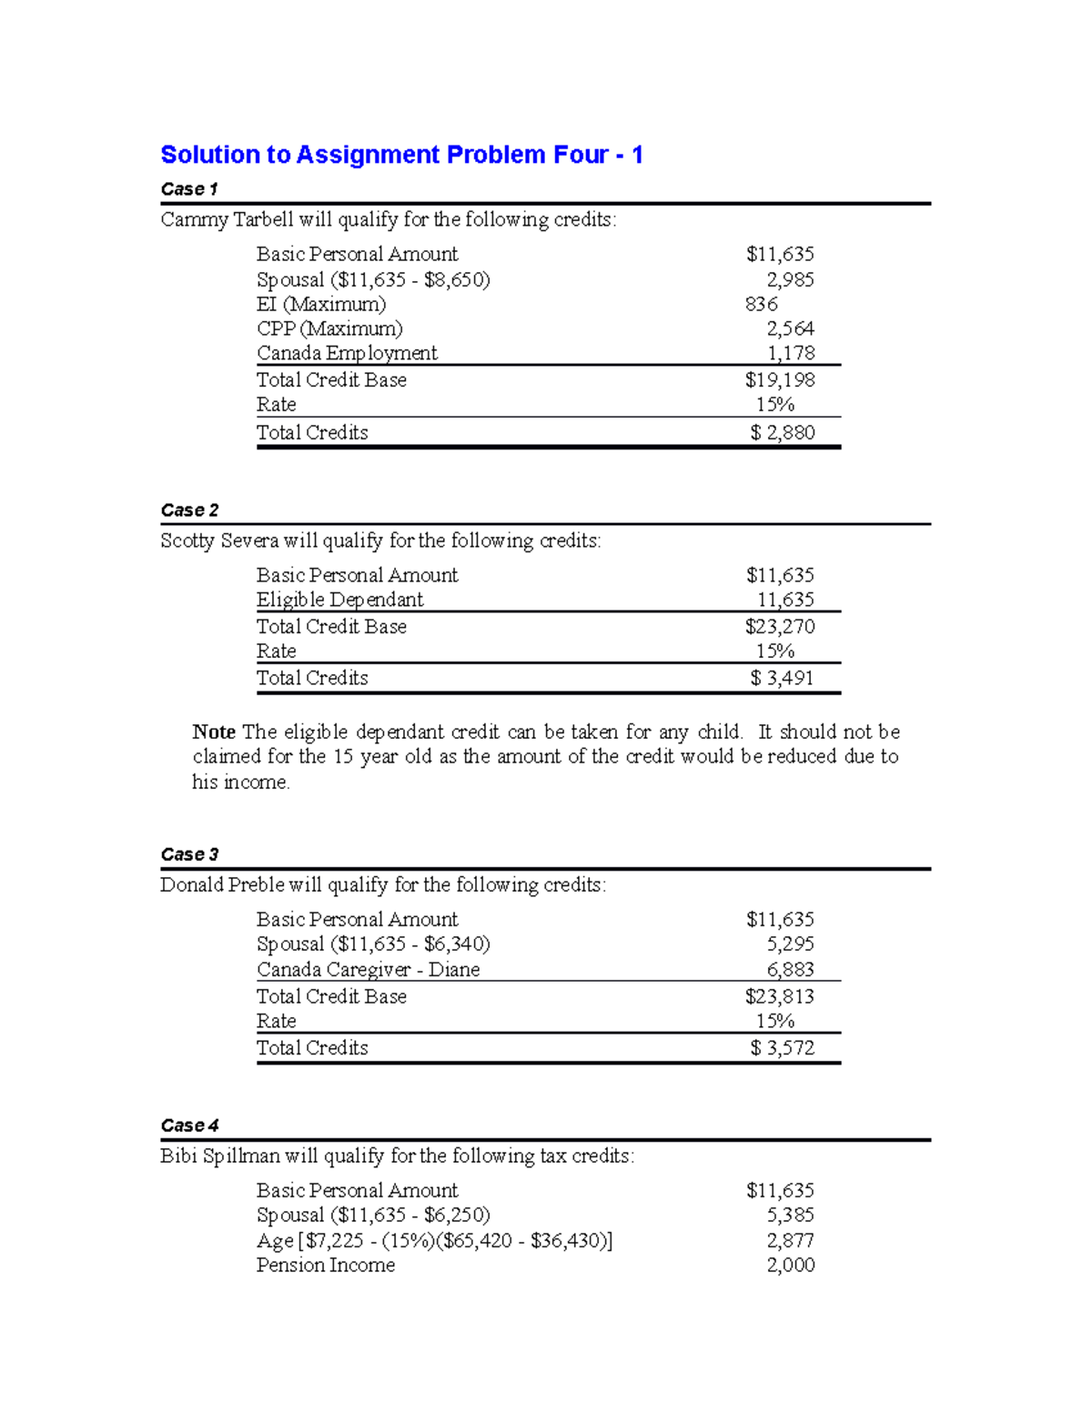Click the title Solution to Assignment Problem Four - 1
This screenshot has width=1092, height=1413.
tap(401, 155)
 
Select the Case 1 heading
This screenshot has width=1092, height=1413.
tap(189, 189)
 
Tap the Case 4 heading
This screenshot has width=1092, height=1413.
tap(189, 1125)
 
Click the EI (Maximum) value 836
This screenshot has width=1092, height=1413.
tap(761, 304)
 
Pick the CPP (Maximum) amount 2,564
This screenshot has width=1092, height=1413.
tap(790, 328)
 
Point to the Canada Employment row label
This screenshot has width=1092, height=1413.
tap(347, 353)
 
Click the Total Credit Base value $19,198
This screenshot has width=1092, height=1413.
tap(780, 379)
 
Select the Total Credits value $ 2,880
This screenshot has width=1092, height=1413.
tap(783, 432)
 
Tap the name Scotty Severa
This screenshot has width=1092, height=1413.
tap(219, 540)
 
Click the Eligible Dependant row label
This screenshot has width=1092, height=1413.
tap(339, 600)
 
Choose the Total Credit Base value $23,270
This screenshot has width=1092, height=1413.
tap(780, 626)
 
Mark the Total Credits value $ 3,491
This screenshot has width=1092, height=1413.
tap(783, 678)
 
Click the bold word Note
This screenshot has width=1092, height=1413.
tap(214, 732)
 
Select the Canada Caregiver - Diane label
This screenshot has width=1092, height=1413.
tap(368, 969)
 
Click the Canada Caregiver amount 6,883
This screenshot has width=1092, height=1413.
tap(790, 969)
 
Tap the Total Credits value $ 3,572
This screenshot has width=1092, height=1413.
tap(783, 1047)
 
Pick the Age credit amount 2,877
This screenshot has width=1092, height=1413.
tap(790, 1240)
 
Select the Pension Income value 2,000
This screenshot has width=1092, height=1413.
tap(790, 1265)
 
